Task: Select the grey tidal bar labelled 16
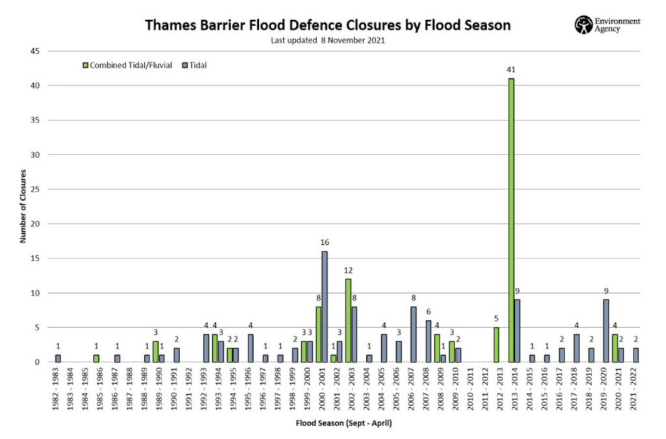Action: coord(325,307)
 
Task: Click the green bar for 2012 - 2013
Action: coord(496,345)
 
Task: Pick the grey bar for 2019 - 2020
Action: coord(606,331)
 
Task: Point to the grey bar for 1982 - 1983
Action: coord(58,358)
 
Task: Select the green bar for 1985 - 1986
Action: coord(96,358)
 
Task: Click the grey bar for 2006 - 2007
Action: coord(413,334)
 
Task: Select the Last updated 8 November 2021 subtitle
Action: coord(328,40)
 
